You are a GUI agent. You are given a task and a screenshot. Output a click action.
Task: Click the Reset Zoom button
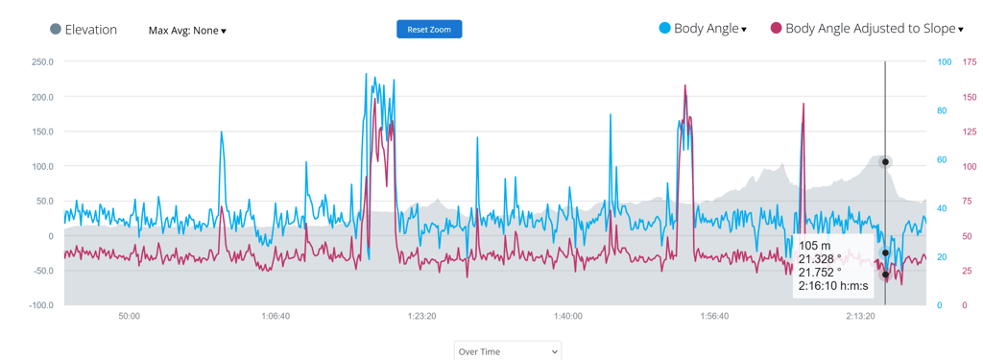pos(429,30)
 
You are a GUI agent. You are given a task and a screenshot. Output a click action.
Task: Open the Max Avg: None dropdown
pos(187,31)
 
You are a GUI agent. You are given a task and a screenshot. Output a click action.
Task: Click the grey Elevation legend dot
pos(56,29)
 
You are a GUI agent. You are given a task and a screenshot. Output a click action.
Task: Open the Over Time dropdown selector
pos(507,351)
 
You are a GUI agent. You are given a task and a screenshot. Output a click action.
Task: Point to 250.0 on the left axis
pos(42,62)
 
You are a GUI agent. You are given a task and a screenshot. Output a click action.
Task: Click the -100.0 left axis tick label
pos(40,305)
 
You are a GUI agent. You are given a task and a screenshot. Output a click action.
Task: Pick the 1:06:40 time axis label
pos(276,316)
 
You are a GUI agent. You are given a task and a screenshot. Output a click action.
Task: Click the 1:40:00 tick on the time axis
pos(568,316)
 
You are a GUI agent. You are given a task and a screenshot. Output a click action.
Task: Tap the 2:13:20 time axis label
pos(861,316)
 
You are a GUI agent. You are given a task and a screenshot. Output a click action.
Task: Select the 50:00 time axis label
pos(129,316)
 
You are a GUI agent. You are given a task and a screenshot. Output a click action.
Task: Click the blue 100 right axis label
pos(944,62)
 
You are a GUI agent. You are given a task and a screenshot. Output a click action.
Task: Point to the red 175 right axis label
pos(969,62)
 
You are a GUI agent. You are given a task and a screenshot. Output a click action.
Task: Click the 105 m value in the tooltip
pos(814,247)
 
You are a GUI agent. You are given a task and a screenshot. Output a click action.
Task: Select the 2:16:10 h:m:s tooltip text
pos(832,286)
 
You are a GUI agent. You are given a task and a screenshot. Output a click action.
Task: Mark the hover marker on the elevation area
pos(885,162)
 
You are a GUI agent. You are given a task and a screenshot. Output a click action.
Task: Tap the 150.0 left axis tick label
pos(42,132)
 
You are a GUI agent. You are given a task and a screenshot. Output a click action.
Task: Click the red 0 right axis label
pos(965,305)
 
